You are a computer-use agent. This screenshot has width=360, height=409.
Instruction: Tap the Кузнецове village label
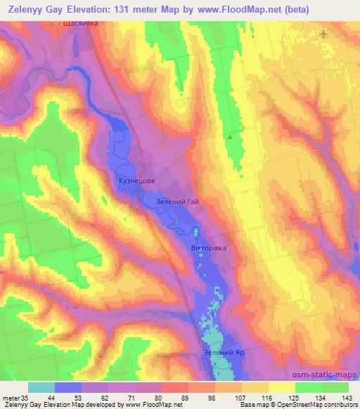pos(136,181)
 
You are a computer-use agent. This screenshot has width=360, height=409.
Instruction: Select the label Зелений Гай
pos(176,202)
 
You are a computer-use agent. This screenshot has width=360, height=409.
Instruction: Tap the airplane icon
pos(323,34)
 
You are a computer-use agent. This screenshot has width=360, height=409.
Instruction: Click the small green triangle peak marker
pos(229,136)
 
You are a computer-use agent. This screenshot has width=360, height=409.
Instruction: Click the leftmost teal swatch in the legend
pos(41,387)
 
